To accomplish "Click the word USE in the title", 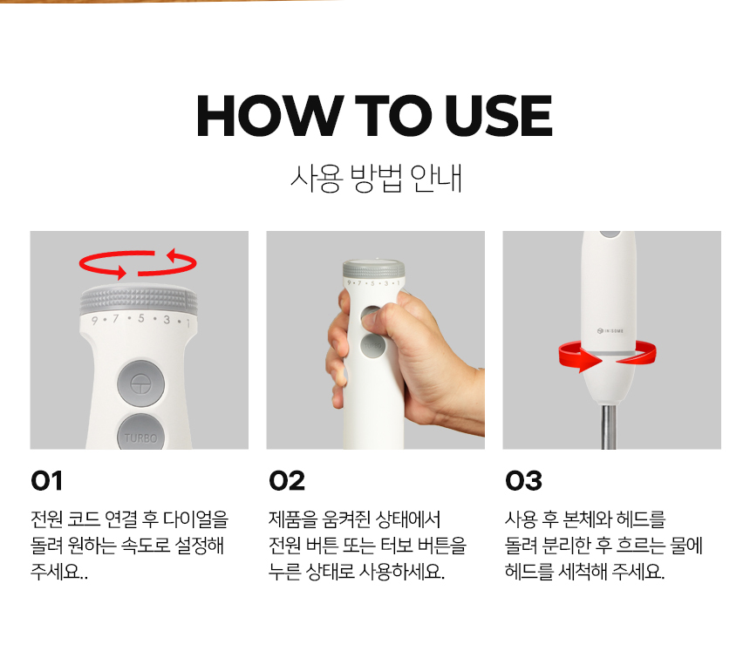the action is click(499, 116).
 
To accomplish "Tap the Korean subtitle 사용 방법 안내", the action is click(376, 179).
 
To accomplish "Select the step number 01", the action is click(46, 481).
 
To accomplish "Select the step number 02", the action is click(287, 481).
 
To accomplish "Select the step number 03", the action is click(523, 481).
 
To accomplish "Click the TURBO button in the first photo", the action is click(140, 432).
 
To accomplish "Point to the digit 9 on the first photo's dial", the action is click(94, 320).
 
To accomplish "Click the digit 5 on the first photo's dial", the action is click(141, 318).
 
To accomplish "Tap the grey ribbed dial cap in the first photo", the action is click(139, 301).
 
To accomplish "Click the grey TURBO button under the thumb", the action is click(372, 346).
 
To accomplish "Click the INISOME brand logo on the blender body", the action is click(610, 330).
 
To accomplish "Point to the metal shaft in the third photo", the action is click(609, 427).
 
